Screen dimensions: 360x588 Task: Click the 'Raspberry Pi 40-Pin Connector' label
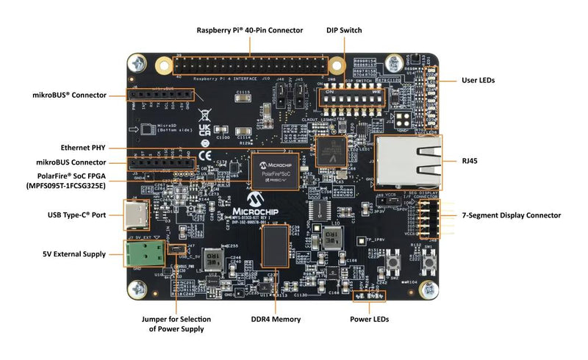pyautogui.click(x=249, y=30)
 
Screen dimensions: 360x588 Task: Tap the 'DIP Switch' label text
pyautogui.click(x=344, y=30)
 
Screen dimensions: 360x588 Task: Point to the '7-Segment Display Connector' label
pyautogui.click(x=511, y=215)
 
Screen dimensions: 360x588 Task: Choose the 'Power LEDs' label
pyautogui.click(x=369, y=320)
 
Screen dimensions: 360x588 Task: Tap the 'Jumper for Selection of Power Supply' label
pyautogui.click(x=176, y=324)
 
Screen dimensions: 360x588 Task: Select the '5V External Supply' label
pyautogui.click(x=73, y=254)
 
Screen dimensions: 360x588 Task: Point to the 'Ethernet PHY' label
pyautogui.click(x=86, y=147)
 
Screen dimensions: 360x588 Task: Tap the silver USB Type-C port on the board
pyautogui.click(x=137, y=215)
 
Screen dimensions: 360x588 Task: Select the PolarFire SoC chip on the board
pyautogui.click(x=275, y=171)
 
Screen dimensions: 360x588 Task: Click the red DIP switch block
pyautogui.click(x=343, y=97)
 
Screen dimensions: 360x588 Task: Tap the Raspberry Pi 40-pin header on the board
pyautogui.click(x=250, y=65)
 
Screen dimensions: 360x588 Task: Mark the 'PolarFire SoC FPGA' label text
pyautogui.click(x=71, y=181)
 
